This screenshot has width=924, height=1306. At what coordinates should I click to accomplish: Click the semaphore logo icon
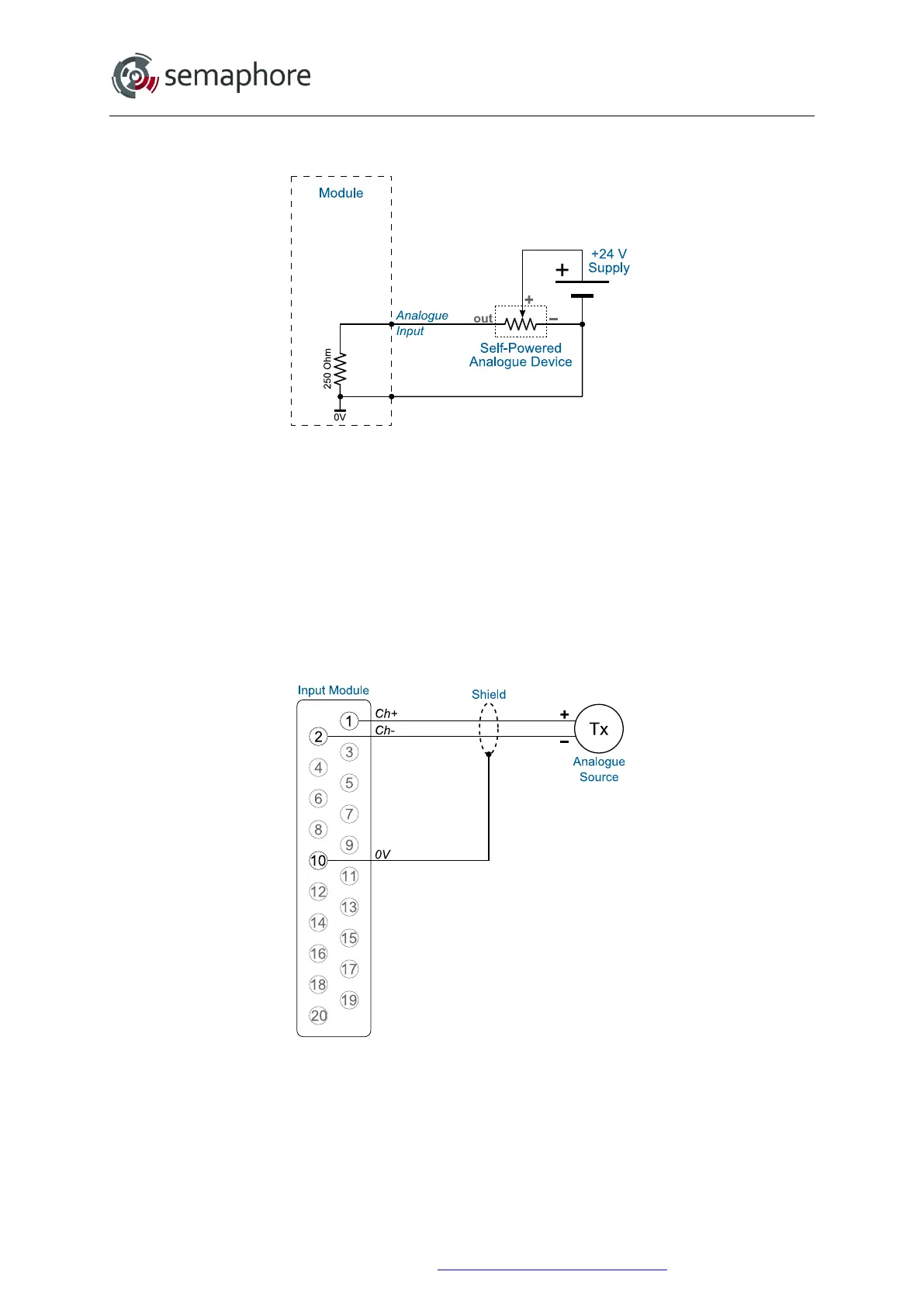tap(135, 76)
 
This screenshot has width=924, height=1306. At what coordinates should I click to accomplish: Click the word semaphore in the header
tap(237, 76)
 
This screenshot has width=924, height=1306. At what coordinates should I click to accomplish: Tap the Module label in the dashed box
tap(341, 193)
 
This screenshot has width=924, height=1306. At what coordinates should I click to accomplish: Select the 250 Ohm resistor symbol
tap(341, 369)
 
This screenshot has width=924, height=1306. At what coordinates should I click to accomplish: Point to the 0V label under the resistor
tap(340, 417)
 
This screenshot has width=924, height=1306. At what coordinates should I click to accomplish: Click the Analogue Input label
tap(421, 323)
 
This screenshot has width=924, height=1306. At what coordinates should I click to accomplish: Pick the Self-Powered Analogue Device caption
tap(521, 355)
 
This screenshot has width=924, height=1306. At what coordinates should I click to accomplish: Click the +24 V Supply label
tap(608, 261)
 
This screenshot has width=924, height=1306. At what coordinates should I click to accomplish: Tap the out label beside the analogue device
tap(483, 319)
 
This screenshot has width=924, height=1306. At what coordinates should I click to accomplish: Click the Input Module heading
tap(333, 690)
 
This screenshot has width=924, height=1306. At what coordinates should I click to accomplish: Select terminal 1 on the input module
tap(349, 721)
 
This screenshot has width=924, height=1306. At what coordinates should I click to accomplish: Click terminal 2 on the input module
tap(318, 737)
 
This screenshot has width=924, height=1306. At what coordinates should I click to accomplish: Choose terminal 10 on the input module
tap(318, 861)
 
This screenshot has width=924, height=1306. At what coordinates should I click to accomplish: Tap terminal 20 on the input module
tap(318, 1016)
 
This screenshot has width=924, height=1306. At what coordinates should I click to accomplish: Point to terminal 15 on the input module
tap(349, 938)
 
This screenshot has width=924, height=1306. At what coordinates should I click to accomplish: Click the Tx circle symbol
tap(599, 729)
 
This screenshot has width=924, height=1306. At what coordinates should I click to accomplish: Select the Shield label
tap(489, 695)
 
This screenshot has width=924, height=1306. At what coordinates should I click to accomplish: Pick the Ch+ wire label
tap(386, 713)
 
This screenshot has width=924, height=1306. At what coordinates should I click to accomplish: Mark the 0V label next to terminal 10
tap(382, 855)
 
